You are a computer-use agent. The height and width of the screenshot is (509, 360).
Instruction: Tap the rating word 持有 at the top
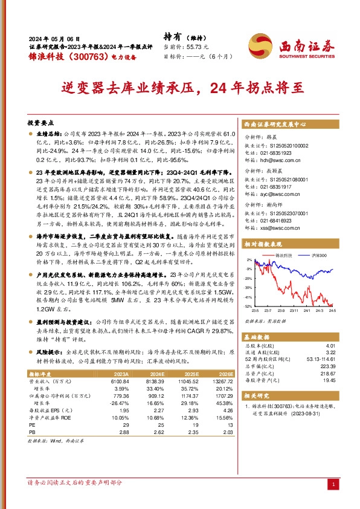coord(173,36)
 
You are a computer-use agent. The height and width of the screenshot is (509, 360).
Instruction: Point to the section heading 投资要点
coord(41,122)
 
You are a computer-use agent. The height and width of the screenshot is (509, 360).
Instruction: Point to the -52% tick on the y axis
coord(248,306)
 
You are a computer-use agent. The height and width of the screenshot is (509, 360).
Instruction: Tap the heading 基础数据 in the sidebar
coord(257,334)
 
